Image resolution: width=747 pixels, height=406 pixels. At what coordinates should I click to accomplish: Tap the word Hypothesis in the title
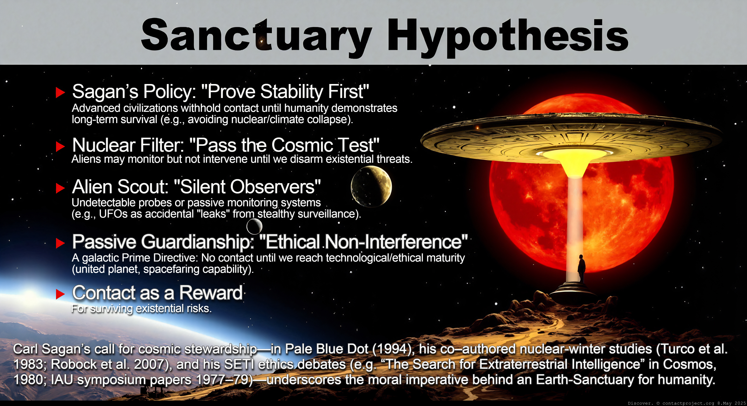click(508, 36)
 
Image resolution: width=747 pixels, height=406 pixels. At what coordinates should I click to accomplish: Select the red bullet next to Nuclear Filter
click(60, 146)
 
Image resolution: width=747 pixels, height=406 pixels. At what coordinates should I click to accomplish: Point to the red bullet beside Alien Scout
click(60, 188)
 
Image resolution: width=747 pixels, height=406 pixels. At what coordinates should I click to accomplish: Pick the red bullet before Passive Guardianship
click(60, 243)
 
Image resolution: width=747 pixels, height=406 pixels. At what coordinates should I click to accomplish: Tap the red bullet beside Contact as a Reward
click(60, 294)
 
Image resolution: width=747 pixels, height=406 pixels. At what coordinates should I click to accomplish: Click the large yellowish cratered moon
click(371, 186)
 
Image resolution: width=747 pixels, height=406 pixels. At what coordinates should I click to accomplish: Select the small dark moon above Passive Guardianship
click(254, 226)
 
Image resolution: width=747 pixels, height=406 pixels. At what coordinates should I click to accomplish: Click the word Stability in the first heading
click(292, 92)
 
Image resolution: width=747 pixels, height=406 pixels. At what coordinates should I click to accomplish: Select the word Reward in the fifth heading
click(211, 293)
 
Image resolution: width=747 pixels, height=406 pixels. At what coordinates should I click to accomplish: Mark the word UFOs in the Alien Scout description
click(113, 214)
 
